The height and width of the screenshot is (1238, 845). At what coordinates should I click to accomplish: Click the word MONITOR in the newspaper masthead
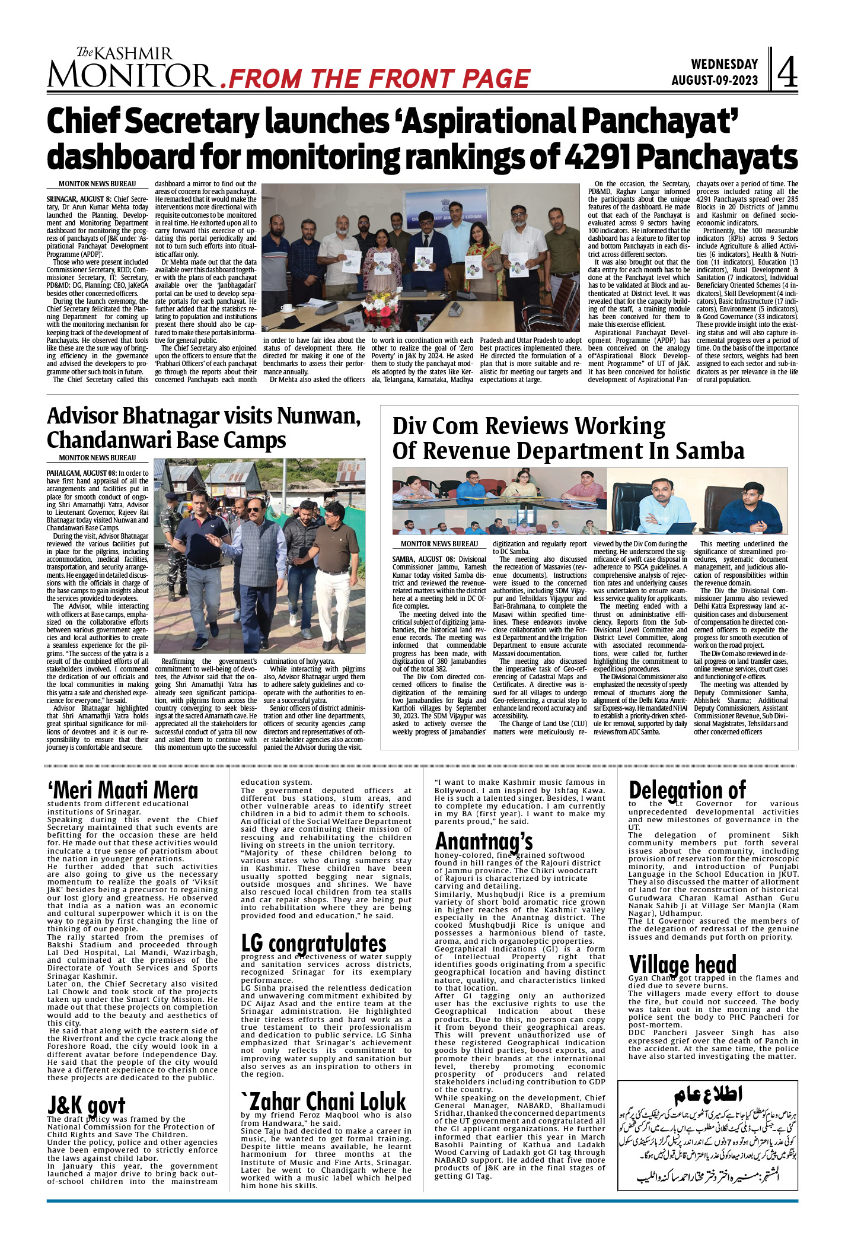pos(130,75)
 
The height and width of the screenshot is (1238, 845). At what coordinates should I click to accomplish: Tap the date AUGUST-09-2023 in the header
pos(715,81)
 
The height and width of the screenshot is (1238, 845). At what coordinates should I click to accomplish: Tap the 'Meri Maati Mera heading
pos(123,790)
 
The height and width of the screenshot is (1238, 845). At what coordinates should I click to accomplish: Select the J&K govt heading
pos(86,1105)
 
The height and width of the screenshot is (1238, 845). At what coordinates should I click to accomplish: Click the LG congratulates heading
pos(314,943)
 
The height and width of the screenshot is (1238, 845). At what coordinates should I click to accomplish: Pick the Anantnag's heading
pos(484,841)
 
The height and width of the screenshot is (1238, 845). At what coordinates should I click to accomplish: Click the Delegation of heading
pos(687,790)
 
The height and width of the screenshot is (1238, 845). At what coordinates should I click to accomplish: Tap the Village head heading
pos(683,964)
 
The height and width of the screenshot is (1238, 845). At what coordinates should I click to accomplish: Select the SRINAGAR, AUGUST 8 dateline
pos(79,199)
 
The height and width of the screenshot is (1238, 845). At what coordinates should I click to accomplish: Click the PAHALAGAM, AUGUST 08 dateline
pos(82,473)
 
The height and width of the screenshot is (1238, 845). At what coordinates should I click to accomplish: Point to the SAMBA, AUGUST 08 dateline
pos(424,559)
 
